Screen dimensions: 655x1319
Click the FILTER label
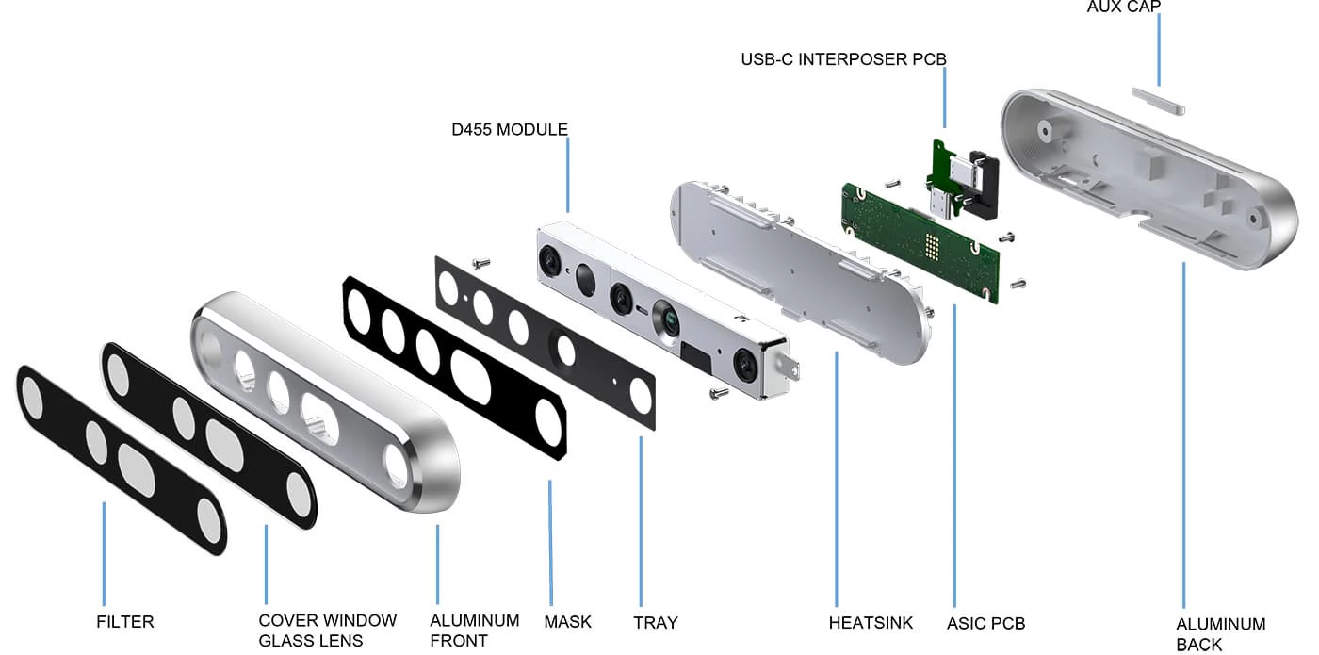124,622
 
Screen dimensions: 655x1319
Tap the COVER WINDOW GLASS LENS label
327,630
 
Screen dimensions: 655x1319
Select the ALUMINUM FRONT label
474,630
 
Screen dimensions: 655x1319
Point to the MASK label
567,622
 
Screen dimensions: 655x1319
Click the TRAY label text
655,622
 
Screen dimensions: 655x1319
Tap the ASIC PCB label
985,623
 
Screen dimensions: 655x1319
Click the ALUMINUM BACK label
1220,633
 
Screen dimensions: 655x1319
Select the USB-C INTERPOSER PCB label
843,59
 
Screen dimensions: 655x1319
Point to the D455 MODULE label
510,129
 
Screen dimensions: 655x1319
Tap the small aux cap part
1156,101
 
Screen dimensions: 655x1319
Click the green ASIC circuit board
904,236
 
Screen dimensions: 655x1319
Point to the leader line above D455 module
568,175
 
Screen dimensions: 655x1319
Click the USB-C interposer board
953,164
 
